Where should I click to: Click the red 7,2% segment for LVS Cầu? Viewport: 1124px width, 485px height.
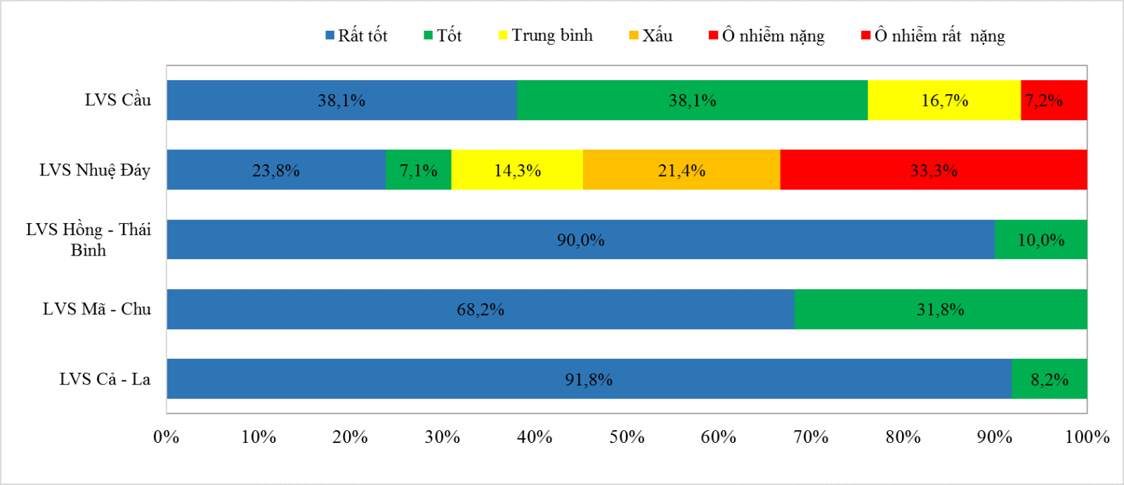tap(1054, 100)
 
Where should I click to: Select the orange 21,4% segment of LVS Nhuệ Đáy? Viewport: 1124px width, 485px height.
tap(681, 170)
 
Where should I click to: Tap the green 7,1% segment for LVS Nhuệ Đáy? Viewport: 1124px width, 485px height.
tap(419, 170)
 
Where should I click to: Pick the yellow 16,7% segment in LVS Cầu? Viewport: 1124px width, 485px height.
tap(944, 100)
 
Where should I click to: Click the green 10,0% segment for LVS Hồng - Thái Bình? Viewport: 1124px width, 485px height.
tap(1041, 239)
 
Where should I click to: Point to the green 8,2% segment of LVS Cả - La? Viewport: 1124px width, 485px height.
tap(1050, 379)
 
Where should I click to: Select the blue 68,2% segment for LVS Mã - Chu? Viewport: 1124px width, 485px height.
tap(481, 310)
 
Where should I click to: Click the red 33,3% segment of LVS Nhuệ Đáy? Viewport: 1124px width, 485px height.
tap(934, 170)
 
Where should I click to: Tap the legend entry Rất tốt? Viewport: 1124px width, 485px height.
tap(356, 36)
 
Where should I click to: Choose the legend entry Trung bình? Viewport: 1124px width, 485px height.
tap(546, 36)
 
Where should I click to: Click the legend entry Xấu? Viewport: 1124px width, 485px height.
tap(651, 36)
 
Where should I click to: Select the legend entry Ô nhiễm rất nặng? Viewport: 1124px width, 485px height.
tap(934, 36)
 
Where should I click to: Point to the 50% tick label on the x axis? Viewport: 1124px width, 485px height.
tap(627, 437)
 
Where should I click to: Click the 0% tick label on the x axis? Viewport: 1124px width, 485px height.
tap(166, 437)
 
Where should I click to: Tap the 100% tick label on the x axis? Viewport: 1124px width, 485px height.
tap(1087, 437)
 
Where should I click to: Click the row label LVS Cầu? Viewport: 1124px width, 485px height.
tap(118, 100)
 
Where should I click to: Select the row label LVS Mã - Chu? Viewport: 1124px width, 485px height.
tap(97, 310)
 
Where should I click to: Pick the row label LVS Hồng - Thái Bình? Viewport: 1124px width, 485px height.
tap(89, 239)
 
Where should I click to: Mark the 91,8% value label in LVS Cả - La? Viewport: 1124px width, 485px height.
tap(589, 380)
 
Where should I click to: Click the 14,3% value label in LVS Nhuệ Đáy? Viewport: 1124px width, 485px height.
tap(517, 171)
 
